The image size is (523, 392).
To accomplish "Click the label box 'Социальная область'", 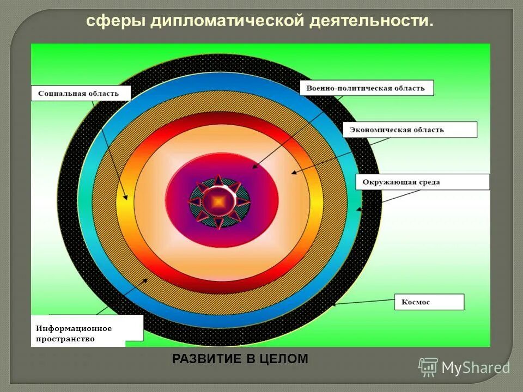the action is (82, 93).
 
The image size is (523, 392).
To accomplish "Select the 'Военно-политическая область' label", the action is (366, 88).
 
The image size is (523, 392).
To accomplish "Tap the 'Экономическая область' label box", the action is (410, 130).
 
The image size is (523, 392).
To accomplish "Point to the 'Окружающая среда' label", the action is (422, 182).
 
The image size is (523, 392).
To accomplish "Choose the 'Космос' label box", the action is (429, 302).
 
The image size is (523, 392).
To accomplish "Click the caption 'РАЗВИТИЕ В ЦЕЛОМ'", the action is (240, 359).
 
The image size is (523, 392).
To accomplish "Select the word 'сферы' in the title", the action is (116, 22).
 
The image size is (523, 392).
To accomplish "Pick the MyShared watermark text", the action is (476, 368).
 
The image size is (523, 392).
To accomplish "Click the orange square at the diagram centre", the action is (218, 201).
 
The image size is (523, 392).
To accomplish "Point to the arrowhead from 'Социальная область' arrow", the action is (126, 198).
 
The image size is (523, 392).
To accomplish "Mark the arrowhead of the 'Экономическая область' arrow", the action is (293, 173).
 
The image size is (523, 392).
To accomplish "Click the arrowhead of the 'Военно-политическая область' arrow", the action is (253, 168).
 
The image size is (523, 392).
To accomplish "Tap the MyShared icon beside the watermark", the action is (428, 367).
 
